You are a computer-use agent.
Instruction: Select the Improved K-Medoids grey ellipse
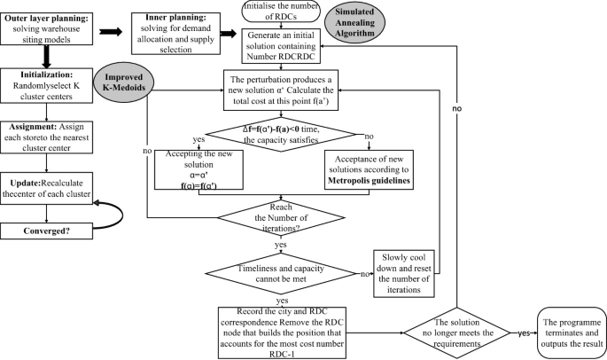click(x=124, y=81)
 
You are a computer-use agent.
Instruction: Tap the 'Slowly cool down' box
click(x=401, y=271)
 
